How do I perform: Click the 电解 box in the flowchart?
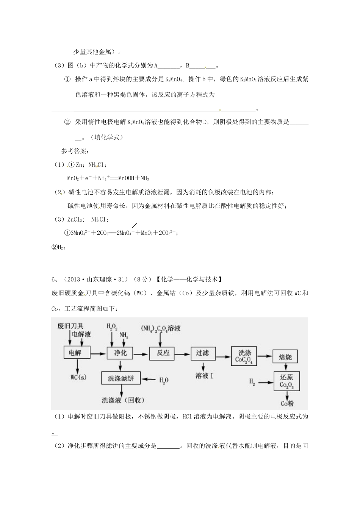(x=77, y=353)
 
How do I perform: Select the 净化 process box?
(x=120, y=353)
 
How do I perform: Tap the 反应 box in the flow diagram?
(x=163, y=353)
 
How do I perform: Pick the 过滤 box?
(x=202, y=353)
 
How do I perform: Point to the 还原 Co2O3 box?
(x=286, y=381)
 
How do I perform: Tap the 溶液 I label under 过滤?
(x=204, y=376)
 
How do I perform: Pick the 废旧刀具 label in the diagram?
(x=71, y=325)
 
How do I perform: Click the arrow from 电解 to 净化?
(x=99, y=353)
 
